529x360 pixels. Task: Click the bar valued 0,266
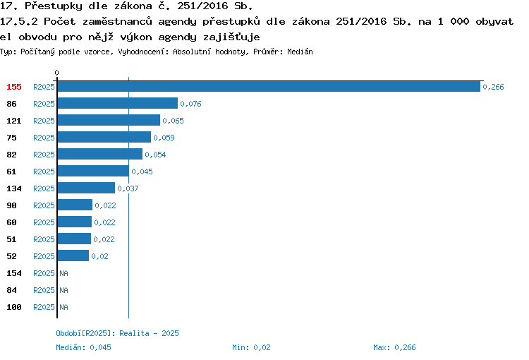[269, 86]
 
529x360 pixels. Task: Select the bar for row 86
[118, 103]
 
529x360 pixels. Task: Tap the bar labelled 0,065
[109, 120]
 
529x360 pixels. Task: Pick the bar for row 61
[93, 171]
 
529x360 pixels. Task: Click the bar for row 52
[73, 256]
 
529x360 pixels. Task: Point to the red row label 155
[14, 87]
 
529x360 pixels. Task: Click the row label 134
[14, 188]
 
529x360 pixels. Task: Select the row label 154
[14, 273]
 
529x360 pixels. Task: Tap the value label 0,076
[190, 104]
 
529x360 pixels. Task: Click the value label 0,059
[164, 138]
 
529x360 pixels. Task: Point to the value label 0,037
[128, 188]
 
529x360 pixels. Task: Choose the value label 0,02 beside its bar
[100, 256]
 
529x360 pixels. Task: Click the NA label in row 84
[63, 290]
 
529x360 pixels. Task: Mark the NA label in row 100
[63, 307]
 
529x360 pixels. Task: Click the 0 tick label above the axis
[56, 73]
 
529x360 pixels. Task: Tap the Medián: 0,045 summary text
[83, 347]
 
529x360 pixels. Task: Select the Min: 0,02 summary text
[251, 347]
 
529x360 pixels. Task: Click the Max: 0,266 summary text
[394, 347]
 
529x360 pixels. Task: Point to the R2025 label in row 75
[44, 138]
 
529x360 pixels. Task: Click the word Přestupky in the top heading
[54, 6]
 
